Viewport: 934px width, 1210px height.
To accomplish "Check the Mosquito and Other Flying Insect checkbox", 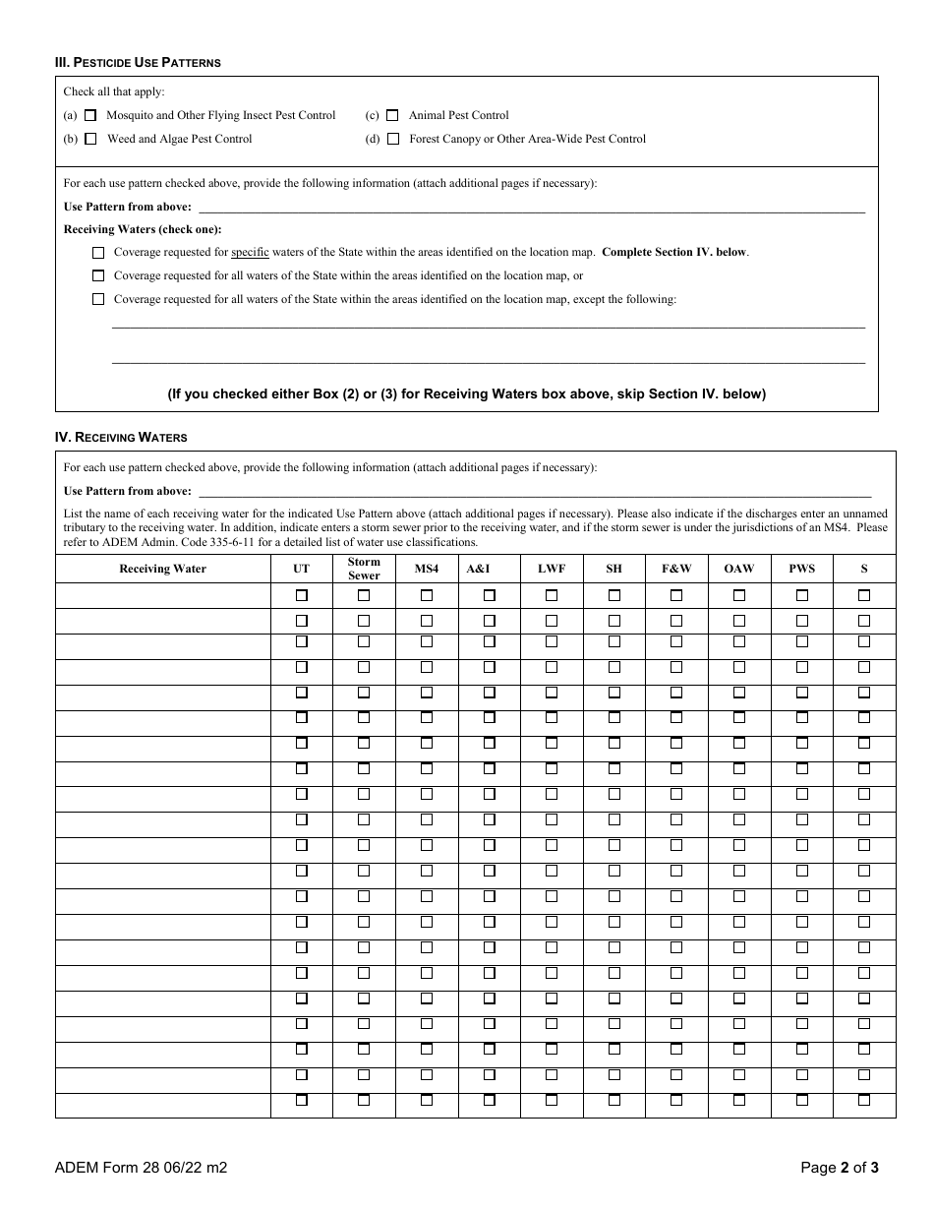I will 90,115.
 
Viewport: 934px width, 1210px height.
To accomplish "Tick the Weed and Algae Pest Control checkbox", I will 90,139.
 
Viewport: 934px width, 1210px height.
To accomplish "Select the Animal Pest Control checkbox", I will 392,115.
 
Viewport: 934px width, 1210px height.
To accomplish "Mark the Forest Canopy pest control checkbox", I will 392,139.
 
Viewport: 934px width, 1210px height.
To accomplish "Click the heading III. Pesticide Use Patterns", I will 138,63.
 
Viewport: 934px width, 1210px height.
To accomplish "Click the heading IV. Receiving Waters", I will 121,437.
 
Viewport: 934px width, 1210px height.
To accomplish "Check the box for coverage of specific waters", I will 98,253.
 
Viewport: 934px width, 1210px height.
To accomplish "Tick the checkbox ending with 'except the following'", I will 98,299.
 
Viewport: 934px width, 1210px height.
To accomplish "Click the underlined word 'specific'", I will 250,252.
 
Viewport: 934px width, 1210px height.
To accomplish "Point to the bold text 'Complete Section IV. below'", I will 673,252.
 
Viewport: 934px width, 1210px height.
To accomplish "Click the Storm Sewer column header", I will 364,569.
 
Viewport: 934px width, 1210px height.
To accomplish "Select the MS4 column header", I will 427,569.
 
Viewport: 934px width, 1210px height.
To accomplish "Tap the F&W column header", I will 676,569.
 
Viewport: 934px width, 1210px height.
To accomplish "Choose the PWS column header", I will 801,569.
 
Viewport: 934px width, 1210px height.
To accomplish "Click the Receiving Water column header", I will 163,569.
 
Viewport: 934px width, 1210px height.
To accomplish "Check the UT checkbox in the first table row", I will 302,595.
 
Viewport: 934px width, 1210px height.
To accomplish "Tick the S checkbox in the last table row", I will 864,1101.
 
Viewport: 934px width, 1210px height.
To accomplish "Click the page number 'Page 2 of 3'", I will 839,1169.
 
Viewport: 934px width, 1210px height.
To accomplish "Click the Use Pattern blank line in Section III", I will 531,207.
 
